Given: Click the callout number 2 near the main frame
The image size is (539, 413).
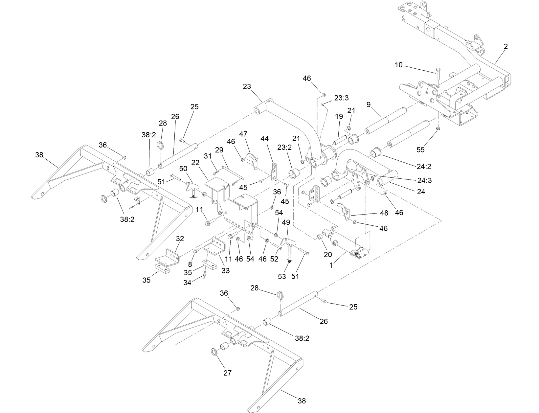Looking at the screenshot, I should pos(505,47).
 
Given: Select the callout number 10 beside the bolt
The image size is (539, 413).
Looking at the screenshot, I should pos(398,65).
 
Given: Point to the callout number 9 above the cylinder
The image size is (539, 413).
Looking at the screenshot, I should pos(369,105).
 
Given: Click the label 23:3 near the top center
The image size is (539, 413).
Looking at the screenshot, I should pos(341,98).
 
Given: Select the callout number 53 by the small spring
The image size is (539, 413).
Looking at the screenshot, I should pos(282,276).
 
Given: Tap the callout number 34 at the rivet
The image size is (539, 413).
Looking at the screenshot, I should pos(187,282).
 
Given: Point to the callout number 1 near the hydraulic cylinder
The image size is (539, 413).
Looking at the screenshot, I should pos(331,265).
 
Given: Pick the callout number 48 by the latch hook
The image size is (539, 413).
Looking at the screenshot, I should pos(383,213).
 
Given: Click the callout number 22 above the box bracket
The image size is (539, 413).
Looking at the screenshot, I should pos(195,163).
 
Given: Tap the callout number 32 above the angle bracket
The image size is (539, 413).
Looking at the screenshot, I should pos(180,239).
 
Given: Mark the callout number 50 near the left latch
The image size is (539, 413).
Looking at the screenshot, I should pos(183,169).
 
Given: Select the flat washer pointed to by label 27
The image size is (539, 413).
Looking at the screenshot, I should pos(214,353).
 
